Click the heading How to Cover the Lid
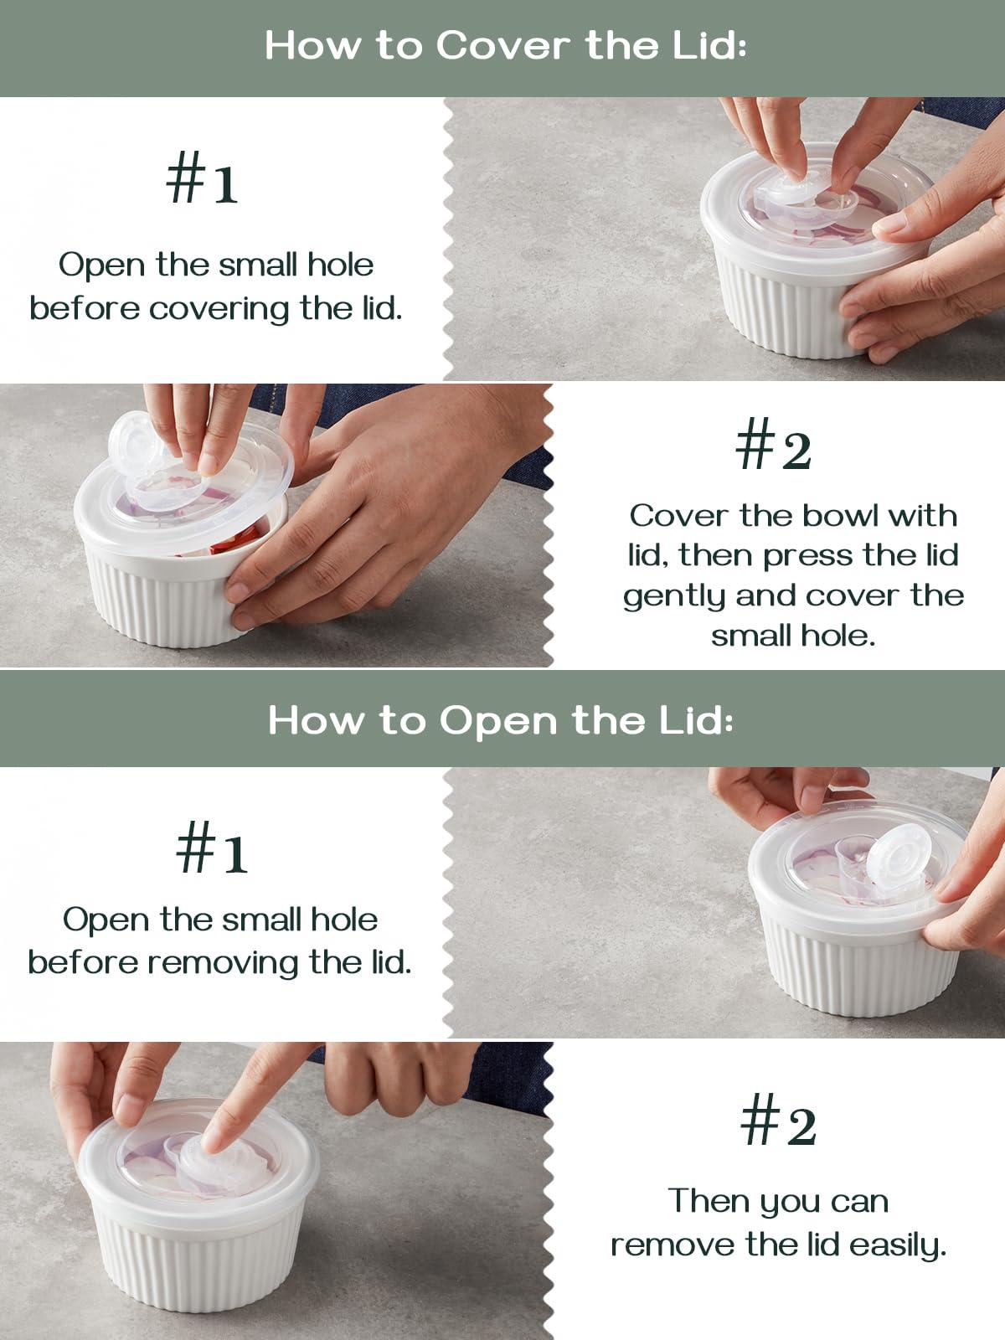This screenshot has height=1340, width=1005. (505, 45)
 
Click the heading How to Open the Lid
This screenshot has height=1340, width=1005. (501, 719)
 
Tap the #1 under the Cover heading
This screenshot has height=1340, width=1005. (203, 180)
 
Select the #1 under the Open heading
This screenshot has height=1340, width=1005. (211, 849)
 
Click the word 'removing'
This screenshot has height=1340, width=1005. (224, 962)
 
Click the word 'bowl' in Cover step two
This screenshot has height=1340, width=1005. (842, 515)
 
